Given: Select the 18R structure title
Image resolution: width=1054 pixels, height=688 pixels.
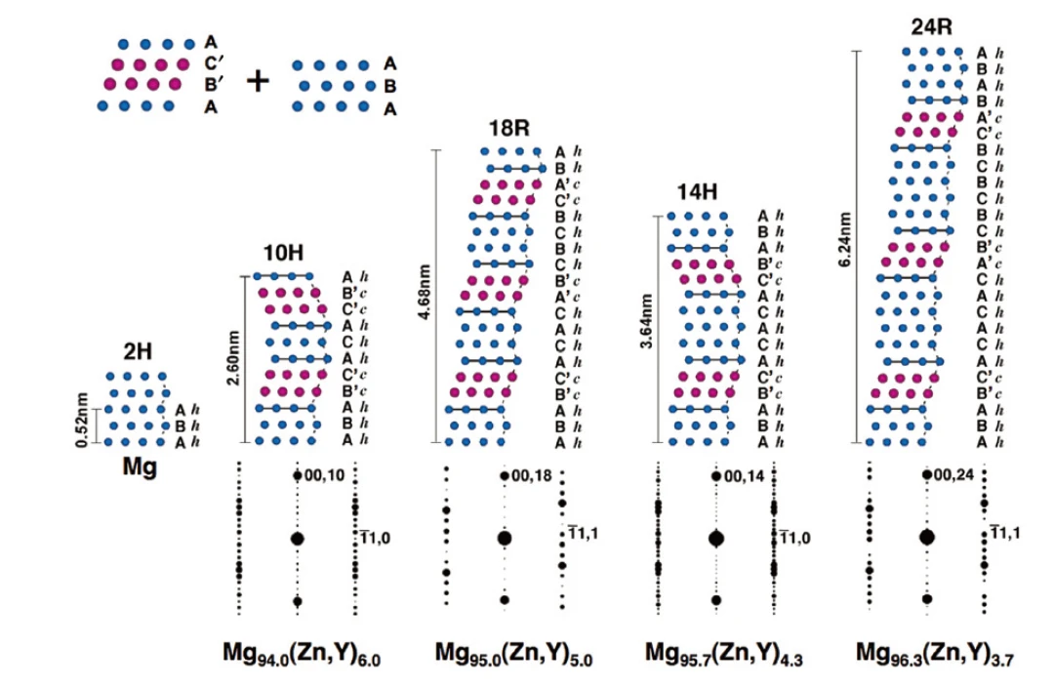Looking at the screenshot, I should coord(509,129).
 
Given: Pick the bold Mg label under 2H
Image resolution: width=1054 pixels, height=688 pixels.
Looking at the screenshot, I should coord(139,466).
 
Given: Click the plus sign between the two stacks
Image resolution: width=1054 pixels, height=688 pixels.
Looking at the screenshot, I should coord(257,80).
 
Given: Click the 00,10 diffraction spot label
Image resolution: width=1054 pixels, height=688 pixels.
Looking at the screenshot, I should coord(325,475).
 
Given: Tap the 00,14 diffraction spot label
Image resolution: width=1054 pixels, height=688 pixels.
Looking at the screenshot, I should coord(745,475).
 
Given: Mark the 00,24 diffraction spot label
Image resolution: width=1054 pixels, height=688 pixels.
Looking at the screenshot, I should coord(954,475).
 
